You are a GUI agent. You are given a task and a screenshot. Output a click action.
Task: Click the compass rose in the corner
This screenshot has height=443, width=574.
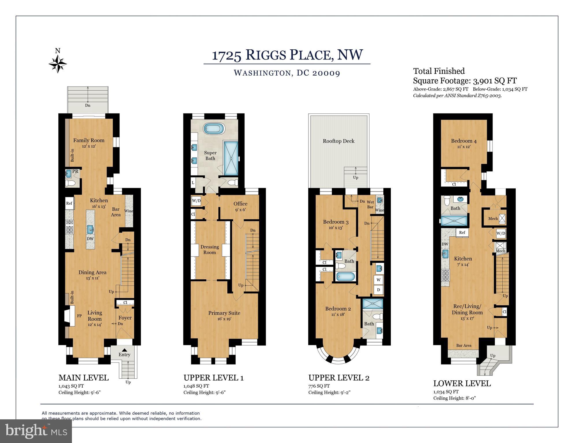pos(58,63)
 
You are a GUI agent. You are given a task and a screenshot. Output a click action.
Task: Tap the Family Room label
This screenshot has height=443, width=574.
pos(89,141)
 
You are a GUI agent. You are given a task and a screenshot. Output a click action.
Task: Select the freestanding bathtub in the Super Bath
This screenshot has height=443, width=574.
pos(214,128)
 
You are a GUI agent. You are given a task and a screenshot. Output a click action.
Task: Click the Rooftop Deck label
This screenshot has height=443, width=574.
pos(339,141)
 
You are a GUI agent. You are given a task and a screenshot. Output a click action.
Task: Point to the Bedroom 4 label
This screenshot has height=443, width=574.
pos(464,141)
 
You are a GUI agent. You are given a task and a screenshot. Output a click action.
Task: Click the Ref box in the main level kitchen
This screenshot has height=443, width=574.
pos(69,203)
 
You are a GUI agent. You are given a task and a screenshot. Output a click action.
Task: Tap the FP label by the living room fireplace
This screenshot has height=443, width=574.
pos(79,316)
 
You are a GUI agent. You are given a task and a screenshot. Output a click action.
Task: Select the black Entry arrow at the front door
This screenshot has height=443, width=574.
pos(124,350)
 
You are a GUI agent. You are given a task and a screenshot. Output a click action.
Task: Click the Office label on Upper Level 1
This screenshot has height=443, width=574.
pos(240,204)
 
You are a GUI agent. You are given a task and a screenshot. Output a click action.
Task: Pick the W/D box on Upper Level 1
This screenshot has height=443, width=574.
pos(196,201)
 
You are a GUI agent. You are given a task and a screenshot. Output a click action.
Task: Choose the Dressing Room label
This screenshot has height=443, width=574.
pos(209,250)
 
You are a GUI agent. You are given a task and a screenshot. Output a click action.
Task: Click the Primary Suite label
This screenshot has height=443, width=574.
pos(224,313)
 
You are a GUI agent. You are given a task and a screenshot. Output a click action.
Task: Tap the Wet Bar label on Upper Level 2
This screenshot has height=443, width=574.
pos(370,204)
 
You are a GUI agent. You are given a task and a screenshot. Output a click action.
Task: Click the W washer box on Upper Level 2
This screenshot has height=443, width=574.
pos(378,280)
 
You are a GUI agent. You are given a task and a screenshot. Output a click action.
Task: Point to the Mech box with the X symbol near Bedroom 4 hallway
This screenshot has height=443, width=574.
pos(502,219)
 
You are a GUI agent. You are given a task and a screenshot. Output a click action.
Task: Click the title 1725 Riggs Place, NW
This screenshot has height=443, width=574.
pos(287,55)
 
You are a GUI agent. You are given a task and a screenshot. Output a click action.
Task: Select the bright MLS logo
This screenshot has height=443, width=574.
pos(36,431)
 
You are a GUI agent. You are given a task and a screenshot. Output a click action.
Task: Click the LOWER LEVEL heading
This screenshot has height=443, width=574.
pos(462,384)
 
